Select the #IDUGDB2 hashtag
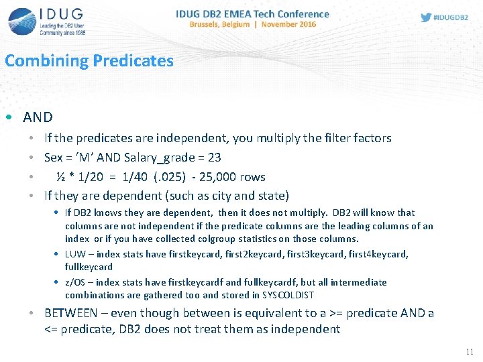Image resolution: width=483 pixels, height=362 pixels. [451, 17]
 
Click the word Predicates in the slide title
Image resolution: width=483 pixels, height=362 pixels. [133, 61]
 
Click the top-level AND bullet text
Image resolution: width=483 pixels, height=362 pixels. [38, 117]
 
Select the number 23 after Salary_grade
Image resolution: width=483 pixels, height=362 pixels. [213, 158]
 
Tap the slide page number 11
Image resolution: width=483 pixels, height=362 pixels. [469, 352]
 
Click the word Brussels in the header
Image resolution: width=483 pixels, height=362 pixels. [208, 23]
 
